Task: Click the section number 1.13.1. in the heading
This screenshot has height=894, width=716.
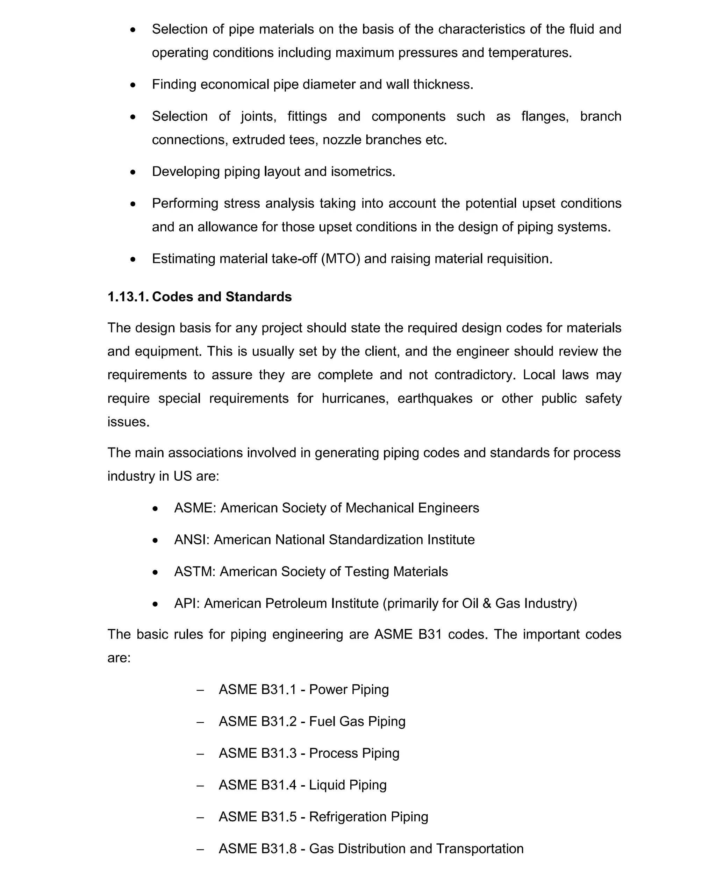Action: [x=128, y=297]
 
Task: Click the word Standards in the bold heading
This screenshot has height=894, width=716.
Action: [x=258, y=297]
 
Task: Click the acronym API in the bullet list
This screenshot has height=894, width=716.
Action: [x=185, y=603]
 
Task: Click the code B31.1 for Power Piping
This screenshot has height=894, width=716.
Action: [x=279, y=689]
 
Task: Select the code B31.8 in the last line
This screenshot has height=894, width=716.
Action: [x=279, y=849]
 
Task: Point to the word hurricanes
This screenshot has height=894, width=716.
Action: [x=355, y=399]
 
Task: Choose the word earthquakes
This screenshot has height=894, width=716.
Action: [x=435, y=399]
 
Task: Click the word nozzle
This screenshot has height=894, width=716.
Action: [x=342, y=140]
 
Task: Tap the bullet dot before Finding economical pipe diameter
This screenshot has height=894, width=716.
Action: [x=133, y=85]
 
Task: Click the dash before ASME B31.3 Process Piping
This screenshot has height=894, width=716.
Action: [x=200, y=754]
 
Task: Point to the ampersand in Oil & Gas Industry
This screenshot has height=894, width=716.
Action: [x=487, y=603]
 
